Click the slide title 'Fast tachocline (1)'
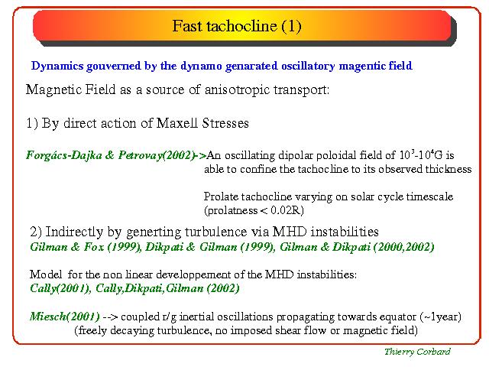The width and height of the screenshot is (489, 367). [x=237, y=26]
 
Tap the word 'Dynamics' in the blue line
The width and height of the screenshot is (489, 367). [x=57, y=67]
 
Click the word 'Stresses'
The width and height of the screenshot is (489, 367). [x=225, y=123]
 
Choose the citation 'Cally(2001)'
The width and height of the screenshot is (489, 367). [x=60, y=288]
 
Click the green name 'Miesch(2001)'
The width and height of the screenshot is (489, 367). [x=64, y=317]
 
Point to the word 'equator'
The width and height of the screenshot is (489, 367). [x=397, y=317]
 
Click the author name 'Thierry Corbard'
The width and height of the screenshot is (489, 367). [x=417, y=352]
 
